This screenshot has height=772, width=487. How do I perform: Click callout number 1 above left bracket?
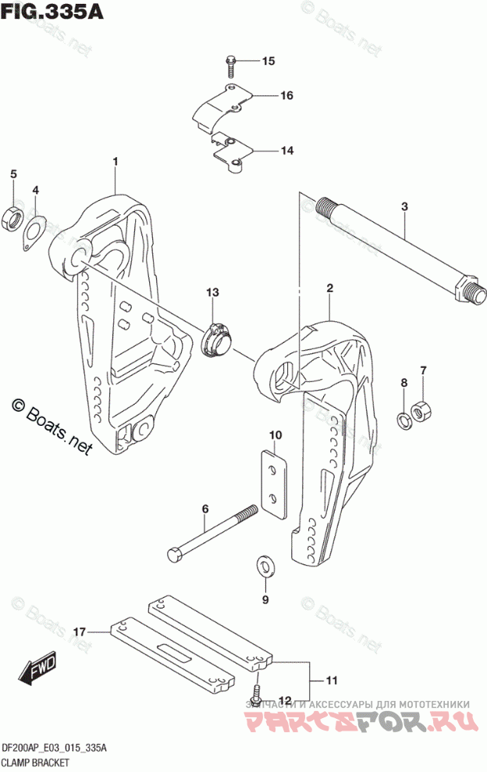pyautogui.click(x=115, y=162)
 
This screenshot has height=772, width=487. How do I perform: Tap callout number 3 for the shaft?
pyautogui.click(x=404, y=206)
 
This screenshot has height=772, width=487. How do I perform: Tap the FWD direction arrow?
pyautogui.click(x=35, y=670)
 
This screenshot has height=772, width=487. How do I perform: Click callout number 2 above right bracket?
pyautogui.click(x=329, y=289)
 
